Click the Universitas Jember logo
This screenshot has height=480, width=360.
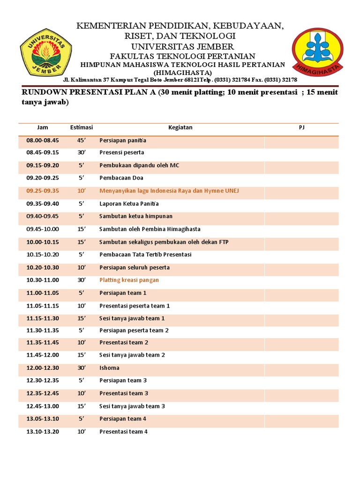point(45,52)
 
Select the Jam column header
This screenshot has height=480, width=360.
point(43,127)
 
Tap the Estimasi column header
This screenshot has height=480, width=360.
point(82,127)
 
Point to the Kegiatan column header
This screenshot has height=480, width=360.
point(180,127)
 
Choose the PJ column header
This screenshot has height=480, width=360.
point(301,127)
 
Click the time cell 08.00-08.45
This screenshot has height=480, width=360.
point(43,140)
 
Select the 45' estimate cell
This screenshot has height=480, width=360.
point(82,140)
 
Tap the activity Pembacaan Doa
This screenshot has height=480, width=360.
point(121,178)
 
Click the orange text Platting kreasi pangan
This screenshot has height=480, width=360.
point(129,280)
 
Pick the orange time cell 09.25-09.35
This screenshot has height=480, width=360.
point(43,191)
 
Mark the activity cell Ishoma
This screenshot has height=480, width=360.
point(109,368)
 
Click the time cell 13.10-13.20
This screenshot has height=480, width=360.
point(43,431)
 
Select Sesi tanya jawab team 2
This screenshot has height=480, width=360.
point(132,355)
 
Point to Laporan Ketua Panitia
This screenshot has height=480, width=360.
point(129,203)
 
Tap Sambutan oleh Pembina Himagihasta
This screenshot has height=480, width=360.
point(150,229)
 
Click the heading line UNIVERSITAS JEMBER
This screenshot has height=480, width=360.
point(182,46)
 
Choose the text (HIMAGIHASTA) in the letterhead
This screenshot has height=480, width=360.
point(182,73)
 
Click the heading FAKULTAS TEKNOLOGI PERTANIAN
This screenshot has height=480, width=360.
point(182,56)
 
